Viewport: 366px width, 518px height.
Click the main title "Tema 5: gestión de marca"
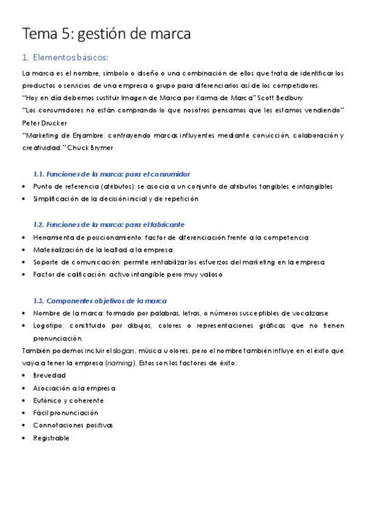(106, 34)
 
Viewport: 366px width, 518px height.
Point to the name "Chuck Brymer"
(97, 148)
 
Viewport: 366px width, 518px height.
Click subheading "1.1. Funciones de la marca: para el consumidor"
(112, 174)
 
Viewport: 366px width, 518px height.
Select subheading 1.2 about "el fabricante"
(109, 224)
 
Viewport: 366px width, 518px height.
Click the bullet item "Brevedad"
(49, 375)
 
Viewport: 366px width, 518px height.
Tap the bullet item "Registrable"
(52, 438)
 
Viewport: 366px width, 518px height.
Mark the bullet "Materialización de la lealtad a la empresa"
(103, 250)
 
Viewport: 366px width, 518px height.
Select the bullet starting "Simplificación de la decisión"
(115, 199)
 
